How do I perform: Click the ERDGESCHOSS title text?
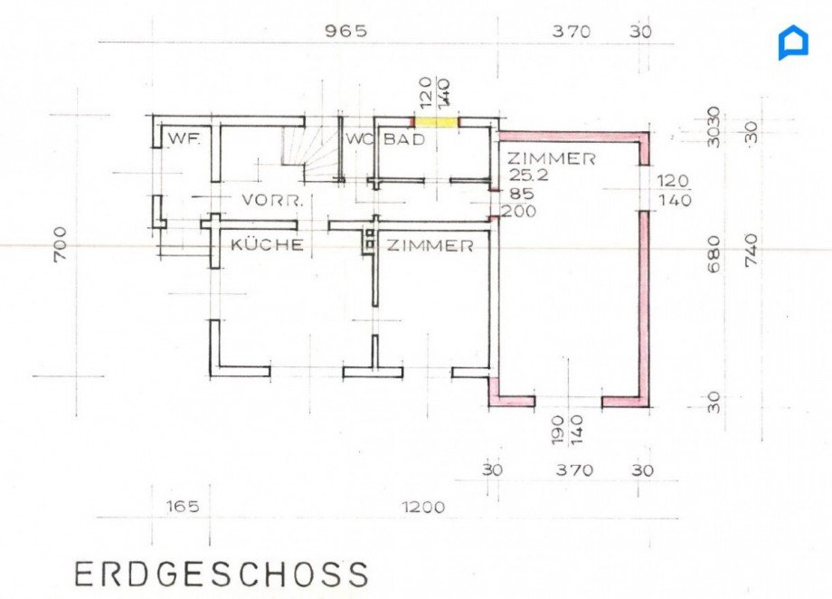click(x=220, y=574)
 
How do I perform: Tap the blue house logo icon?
click(x=794, y=43)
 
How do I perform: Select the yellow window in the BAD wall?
click(x=436, y=122)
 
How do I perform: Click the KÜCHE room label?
click(x=267, y=245)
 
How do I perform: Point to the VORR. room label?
click(x=273, y=201)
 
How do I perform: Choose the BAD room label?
click(x=404, y=139)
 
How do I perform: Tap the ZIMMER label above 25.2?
click(x=552, y=158)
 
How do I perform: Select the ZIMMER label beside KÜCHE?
click(x=430, y=245)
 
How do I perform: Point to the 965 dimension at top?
click(x=346, y=31)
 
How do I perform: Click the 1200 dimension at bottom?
click(x=423, y=507)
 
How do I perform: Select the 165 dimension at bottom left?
click(x=184, y=506)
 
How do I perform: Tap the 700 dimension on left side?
click(x=61, y=243)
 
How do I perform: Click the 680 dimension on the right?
click(x=714, y=254)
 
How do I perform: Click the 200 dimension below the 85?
click(x=519, y=212)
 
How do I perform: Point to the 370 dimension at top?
click(x=572, y=32)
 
